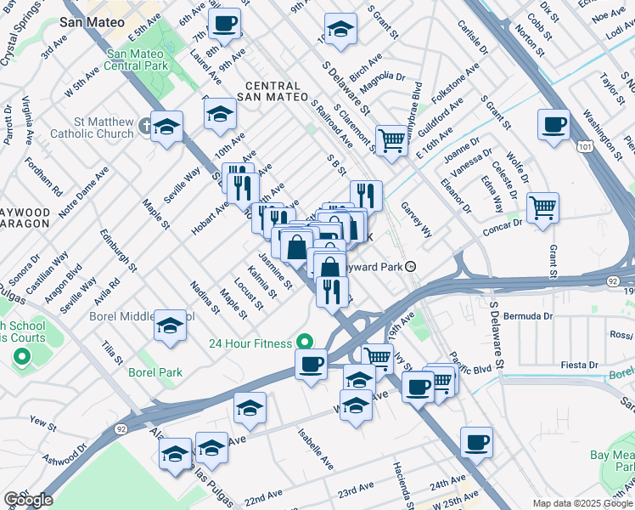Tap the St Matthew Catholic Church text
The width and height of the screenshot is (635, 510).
click(x=92, y=127)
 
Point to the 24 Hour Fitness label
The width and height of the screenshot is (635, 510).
click(x=251, y=343)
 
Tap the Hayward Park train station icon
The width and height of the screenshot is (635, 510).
click(x=411, y=266)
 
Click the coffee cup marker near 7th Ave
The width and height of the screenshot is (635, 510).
click(x=225, y=24)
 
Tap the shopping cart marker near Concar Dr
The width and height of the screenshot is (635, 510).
click(x=542, y=207)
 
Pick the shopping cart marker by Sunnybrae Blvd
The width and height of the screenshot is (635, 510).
click(x=391, y=139)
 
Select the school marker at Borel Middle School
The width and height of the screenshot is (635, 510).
click(x=170, y=325)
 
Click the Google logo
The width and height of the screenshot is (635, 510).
click(x=28, y=500)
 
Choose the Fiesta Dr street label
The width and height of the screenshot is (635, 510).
click(x=580, y=365)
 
